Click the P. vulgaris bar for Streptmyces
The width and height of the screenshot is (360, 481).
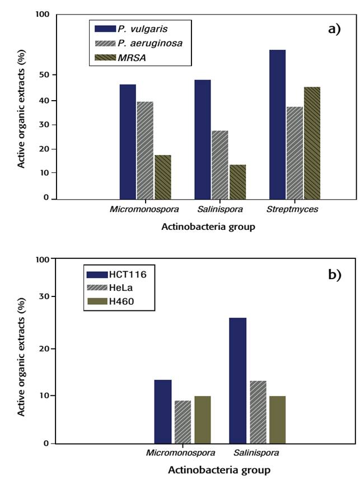[277, 124]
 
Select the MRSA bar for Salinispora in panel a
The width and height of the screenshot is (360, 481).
[237, 182]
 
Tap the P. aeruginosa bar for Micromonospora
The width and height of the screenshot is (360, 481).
[145, 150]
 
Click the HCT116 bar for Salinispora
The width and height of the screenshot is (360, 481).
[237, 380]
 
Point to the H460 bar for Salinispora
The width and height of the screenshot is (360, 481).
[277, 419]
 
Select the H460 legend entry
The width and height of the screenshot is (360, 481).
[119, 302]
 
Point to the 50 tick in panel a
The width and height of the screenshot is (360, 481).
[43, 75]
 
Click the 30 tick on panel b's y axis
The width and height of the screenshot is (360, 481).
[43, 296]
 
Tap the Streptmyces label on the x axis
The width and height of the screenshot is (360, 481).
[293, 209]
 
